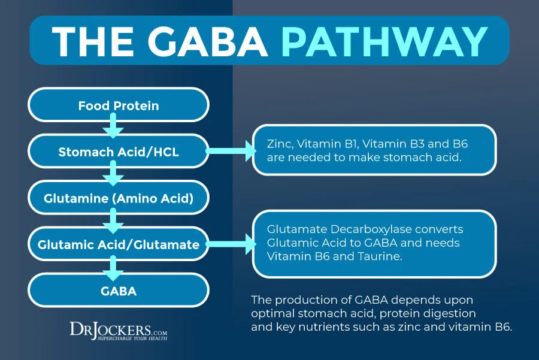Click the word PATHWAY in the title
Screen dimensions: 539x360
coord(384,41)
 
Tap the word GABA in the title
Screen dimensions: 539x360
coord(217,41)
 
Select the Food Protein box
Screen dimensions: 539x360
coord(119,106)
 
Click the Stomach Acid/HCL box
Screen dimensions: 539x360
coord(119,152)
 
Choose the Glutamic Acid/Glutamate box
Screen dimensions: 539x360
coord(119,245)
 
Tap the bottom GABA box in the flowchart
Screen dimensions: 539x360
coord(119,292)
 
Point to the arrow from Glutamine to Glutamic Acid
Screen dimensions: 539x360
coord(112,222)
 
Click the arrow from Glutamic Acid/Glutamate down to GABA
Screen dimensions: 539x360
coord(112,268)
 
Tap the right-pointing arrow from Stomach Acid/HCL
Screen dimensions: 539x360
coord(231,152)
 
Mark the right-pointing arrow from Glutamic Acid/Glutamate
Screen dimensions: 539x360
coord(231,245)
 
